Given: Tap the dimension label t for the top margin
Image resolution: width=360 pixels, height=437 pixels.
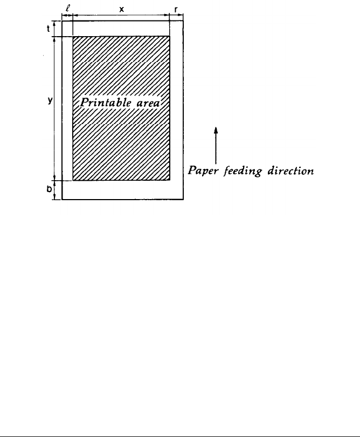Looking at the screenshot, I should pos(48,29).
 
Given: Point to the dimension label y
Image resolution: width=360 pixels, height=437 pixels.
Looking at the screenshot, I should pos(49,100).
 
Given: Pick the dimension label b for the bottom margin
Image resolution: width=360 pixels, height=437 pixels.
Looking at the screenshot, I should pos(48,190).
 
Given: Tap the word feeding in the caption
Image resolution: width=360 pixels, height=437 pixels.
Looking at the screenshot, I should pos(240,172).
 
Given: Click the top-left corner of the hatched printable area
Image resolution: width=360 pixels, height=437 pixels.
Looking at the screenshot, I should pos(73,37).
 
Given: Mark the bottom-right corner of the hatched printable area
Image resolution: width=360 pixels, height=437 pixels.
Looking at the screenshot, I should pos(170,181).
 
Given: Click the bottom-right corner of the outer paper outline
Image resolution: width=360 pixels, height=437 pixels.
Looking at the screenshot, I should pos(183,200).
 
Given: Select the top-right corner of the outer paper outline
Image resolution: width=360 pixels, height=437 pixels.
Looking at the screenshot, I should pos(183,21).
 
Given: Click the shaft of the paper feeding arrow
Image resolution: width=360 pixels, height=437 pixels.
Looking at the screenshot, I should pos(216,148).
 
